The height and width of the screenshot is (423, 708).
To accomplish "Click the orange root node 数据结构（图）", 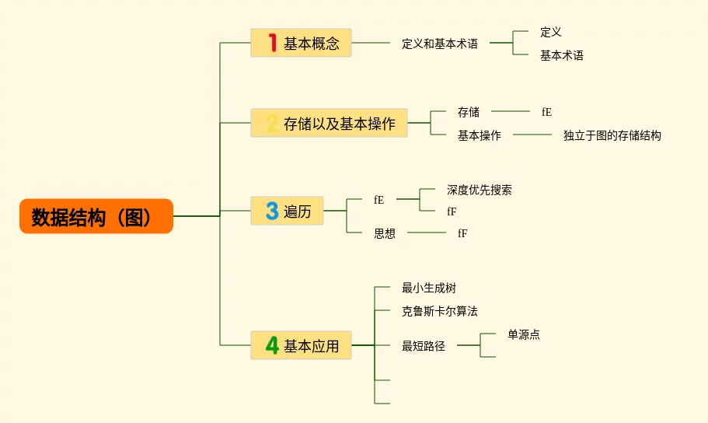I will (x=96, y=216).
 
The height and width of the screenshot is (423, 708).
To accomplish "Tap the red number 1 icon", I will (x=272, y=43).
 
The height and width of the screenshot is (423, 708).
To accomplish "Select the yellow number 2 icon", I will (x=271, y=123).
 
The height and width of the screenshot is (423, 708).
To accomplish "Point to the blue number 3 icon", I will (x=271, y=211).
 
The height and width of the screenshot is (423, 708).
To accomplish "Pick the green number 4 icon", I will (x=271, y=345).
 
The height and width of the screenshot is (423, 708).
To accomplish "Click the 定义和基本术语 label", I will (x=439, y=44).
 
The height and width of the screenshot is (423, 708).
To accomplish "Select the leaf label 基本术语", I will (x=561, y=55).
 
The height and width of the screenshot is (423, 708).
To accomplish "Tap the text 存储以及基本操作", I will (x=340, y=124).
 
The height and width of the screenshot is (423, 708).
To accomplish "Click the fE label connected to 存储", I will (x=546, y=112).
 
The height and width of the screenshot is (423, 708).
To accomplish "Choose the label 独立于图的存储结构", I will (x=612, y=135).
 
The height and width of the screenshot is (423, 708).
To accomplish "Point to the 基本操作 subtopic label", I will (x=479, y=135).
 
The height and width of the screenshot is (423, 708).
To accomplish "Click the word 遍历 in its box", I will (x=297, y=211).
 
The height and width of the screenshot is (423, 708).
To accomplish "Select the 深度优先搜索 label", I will (x=479, y=190).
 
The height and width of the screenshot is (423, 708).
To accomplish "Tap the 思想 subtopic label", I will (x=384, y=233).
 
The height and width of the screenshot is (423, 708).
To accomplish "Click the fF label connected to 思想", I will (x=462, y=233).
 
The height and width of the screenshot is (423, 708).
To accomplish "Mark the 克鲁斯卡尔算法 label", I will (x=439, y=311).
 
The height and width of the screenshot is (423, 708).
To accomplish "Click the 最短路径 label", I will (x=423, y=346).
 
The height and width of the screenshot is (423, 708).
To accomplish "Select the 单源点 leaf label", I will (x=523, y=334).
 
